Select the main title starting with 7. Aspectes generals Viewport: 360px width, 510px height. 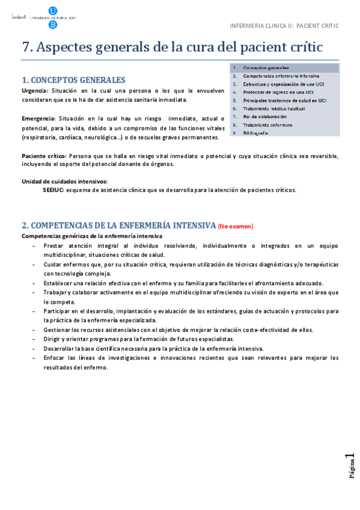click(x=172, y=47)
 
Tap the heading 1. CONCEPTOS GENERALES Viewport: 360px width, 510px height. click(x=73, y=80)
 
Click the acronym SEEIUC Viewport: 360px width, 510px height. click(x=53, y=190)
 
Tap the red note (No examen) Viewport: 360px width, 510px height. click(x=236, y=226)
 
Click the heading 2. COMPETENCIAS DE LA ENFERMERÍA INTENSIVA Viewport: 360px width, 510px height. click(x=118, y=226)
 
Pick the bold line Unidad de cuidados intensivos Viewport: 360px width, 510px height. click(x=64, y=182)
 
